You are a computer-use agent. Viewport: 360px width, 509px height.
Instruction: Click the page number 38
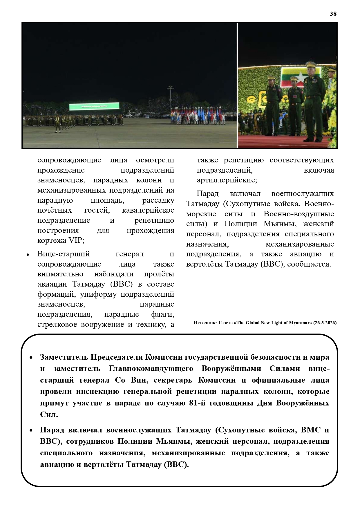point(333,14)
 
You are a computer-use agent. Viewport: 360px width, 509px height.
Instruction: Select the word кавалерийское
point(148,210)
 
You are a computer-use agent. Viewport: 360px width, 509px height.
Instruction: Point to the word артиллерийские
point(227,180)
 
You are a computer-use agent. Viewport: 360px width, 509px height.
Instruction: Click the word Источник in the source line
point(204,323)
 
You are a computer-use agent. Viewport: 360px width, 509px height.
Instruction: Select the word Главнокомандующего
point(151,369)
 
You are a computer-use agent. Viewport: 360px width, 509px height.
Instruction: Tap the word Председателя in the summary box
point(117,357)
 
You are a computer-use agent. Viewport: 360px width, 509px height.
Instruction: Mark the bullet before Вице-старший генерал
point(28,255)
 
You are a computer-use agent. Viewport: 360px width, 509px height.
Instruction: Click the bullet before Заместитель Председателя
point(31,358)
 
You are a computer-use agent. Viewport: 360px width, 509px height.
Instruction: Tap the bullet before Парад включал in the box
point(31,431)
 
